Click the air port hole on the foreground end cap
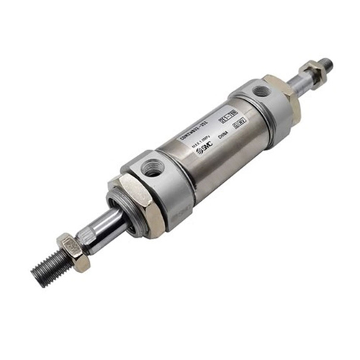152,169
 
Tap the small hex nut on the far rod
312,70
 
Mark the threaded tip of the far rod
325,63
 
